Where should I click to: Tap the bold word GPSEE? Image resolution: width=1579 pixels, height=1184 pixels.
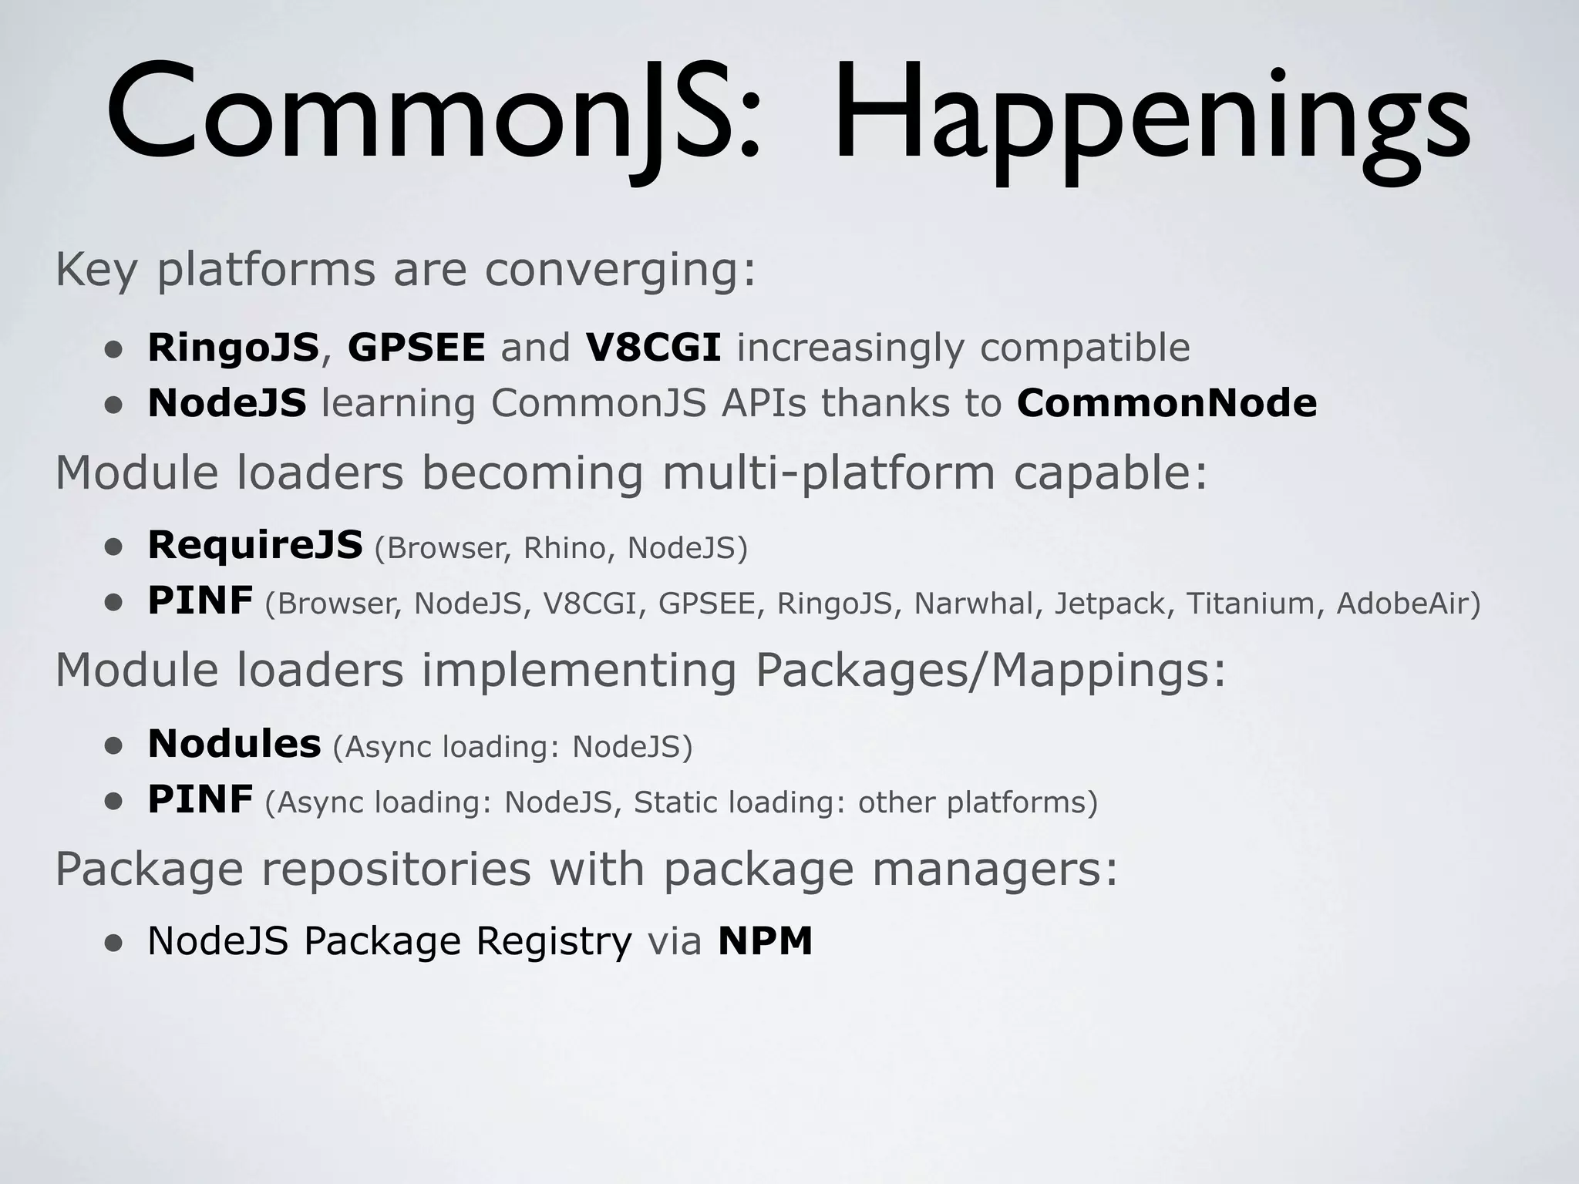point(416,348)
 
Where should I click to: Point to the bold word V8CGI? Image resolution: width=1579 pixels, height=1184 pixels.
point(653,348)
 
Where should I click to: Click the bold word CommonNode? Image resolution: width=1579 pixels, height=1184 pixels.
point(1167,403)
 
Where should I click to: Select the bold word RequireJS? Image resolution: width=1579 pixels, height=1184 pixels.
point(254,545)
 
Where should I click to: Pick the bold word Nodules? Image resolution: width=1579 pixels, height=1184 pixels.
point(234,744)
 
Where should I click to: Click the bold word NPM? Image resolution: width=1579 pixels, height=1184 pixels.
point(765,940)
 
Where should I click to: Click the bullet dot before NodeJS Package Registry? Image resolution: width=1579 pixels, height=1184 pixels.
point(114,943)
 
